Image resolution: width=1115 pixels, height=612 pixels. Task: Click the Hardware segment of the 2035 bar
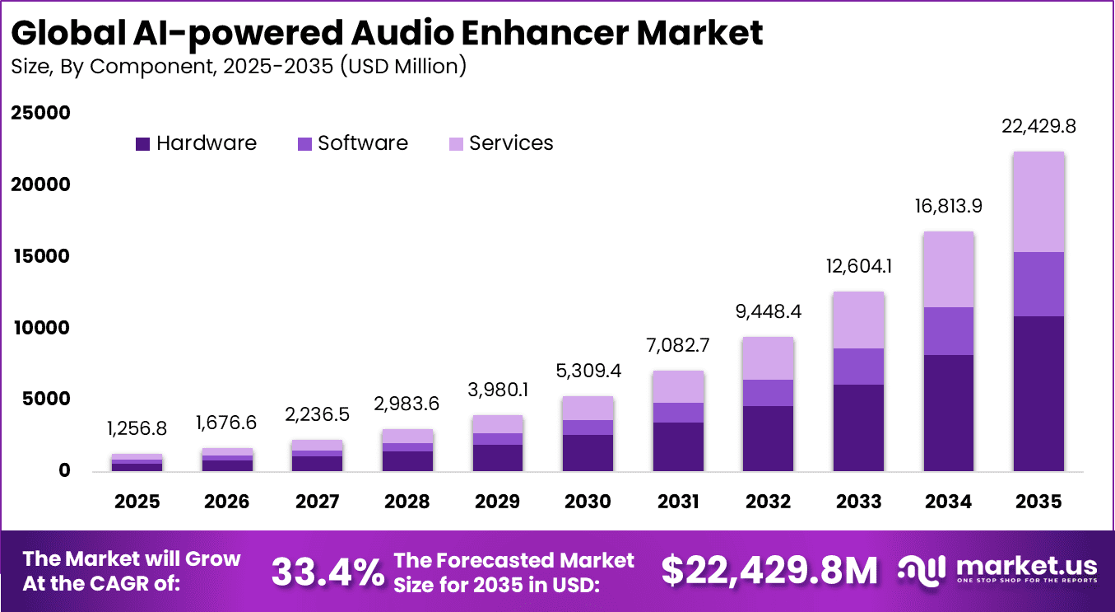[1038, 394]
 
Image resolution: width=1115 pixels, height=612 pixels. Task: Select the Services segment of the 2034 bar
[948, 269]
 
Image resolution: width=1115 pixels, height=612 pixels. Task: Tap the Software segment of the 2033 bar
[858, 367]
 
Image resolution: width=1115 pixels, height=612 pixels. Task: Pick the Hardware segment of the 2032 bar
[768, 438]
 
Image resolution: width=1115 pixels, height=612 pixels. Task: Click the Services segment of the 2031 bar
[678, 387]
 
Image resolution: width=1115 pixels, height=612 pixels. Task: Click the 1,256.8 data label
[137, 429]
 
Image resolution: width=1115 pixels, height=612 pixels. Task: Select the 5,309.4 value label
[588, 371]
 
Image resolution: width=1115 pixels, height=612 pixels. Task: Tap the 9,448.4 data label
[768, 312]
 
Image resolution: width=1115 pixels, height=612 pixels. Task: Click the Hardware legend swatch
[142, 144]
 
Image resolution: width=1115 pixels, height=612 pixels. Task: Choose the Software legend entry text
[363, 143]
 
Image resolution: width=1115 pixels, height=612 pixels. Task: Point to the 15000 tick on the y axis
[41, 256]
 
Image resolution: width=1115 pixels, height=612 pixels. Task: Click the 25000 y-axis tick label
[41, 113]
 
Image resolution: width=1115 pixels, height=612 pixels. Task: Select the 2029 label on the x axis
[498, 502]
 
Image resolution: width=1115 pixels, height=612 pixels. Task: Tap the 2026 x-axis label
[227, 502]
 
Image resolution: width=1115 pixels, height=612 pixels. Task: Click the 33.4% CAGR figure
[327, 572]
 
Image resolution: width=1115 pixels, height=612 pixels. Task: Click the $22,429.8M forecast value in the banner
[769, 572]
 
